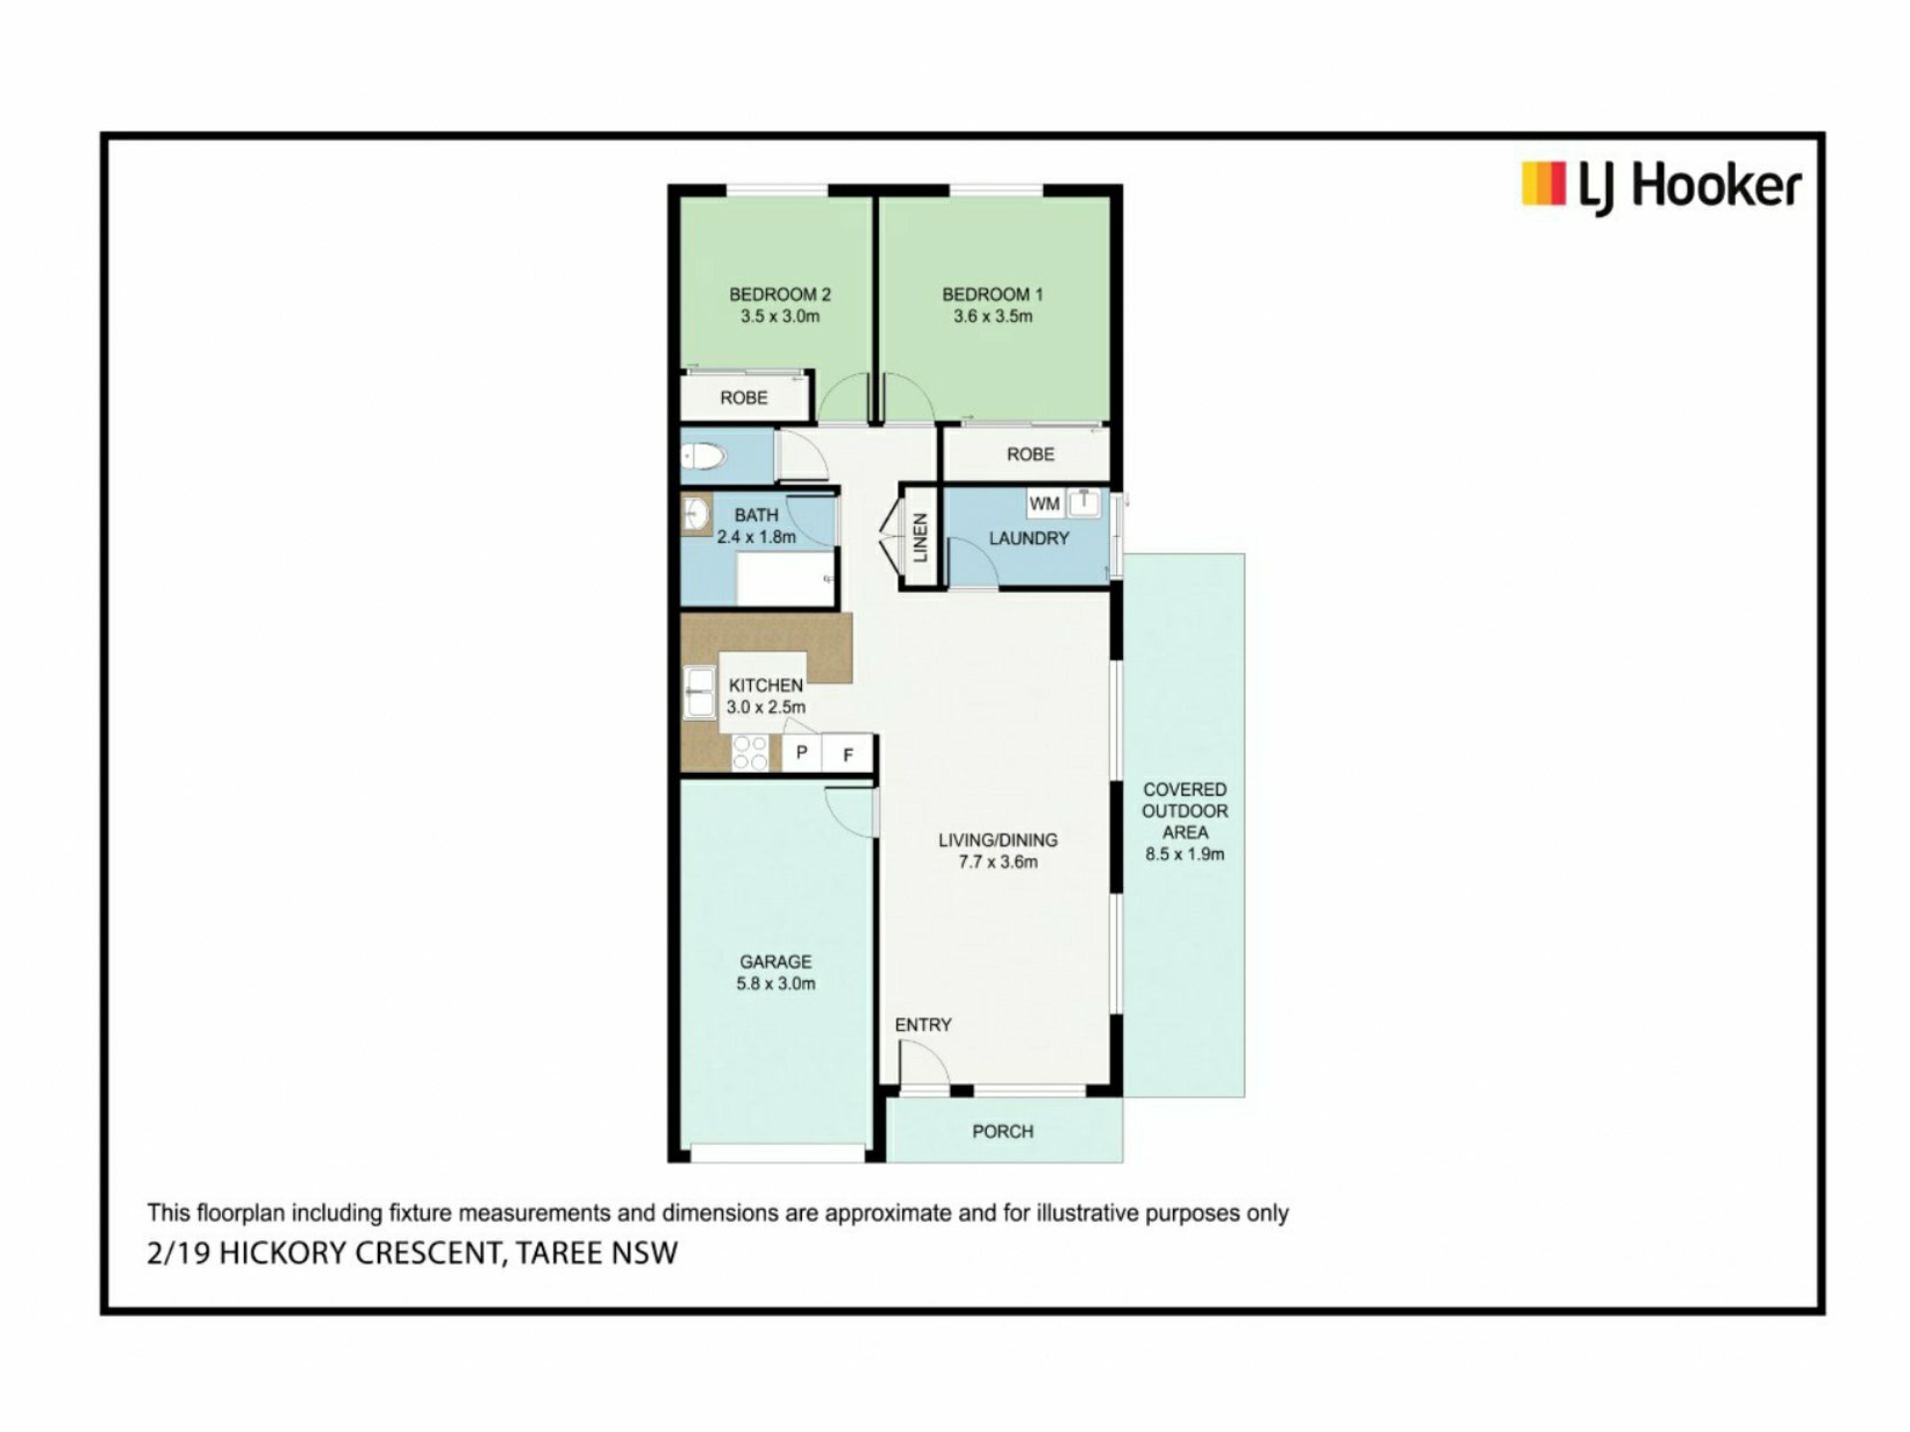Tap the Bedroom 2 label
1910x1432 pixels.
click(780, 294)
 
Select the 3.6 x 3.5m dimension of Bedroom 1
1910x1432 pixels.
click(993, 316)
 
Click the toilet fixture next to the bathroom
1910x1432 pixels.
click(703, 457)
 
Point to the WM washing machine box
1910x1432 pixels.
click(1044, 504)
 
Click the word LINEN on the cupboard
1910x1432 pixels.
click(920, 538)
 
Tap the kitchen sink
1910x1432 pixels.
click(699, 692)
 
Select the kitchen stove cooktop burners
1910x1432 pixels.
click(750, 753)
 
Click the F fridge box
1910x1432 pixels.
click(849, 755)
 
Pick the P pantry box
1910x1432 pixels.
click(802, 753)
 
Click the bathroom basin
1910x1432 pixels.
click(695, 514)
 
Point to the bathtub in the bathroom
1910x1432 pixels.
click(785, 580)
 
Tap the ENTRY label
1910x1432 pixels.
click(923, 1024)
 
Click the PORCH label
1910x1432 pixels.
click(1003, 1132)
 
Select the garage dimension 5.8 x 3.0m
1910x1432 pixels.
click(776, 984)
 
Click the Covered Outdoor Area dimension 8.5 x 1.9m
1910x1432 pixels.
click(1185, 854)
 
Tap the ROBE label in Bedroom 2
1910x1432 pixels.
click(744, 398)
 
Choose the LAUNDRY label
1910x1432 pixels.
click(1029, 538)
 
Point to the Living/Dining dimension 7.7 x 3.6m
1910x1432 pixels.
click(998, 862)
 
